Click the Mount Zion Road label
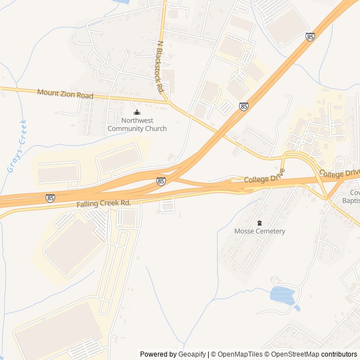point(65,94)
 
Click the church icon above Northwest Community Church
point(137,111)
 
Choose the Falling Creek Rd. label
point(103,202)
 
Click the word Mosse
point(245,231)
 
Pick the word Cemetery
point(271,231)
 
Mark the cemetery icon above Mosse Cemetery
point(259,223)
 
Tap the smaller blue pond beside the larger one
point(297,308)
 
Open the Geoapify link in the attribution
point(192,354)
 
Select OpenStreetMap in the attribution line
point(295,354)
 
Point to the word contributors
point(339,354)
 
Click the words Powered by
point(158,354)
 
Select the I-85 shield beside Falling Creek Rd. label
point(50,198)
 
